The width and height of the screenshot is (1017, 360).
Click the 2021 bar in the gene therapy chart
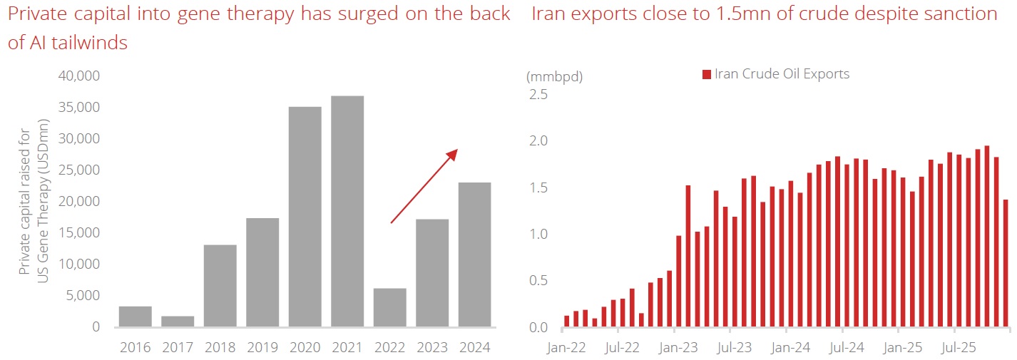coord(347,211)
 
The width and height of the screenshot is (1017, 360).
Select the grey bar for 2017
coord(178,322)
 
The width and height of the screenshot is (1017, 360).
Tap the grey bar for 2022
coord(389,308)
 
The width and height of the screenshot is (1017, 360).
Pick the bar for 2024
coord(474,254)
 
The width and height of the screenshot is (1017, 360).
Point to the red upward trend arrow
coord(424,186)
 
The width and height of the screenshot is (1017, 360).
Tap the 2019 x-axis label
coord(262,347)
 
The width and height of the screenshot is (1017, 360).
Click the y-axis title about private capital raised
coord(34,201)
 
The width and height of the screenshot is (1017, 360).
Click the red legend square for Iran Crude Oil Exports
coord(707,74)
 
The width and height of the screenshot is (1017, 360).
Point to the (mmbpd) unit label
coord(554,77)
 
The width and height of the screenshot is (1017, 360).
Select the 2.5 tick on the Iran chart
coord(539,94)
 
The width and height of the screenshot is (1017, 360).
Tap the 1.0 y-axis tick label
coord(539,234)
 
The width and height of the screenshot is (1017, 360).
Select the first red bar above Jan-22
coord(567,322)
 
